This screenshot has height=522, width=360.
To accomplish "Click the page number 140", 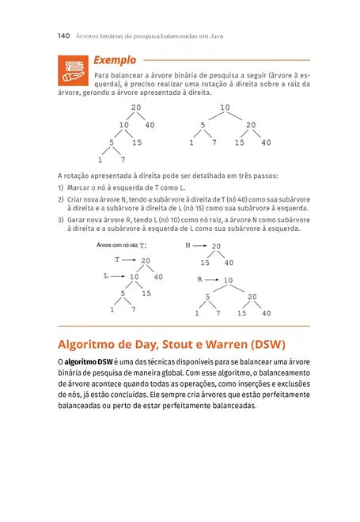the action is (65, 36).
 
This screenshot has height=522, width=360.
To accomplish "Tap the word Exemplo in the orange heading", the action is (115, 60).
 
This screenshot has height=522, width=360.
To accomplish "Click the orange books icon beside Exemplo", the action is (73, 70).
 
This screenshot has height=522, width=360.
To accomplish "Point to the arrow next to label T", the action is (130, 259).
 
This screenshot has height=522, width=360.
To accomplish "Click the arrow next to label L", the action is (118, 277).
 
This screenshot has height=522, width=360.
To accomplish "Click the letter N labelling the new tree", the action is (188, 246).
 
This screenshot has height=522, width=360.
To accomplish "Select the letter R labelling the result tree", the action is (200, 280).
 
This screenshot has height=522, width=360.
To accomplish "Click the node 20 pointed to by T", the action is (146, 260).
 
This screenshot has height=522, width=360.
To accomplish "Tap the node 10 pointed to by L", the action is (134, 277).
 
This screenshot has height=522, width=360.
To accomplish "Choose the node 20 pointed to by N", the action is (216, 247).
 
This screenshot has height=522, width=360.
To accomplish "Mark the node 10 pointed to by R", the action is (228, 281).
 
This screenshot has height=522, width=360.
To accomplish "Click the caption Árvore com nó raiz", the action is (116, 246).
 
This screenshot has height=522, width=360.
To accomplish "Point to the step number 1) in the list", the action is (62, 187).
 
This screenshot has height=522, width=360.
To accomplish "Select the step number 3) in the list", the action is (62, 218).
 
